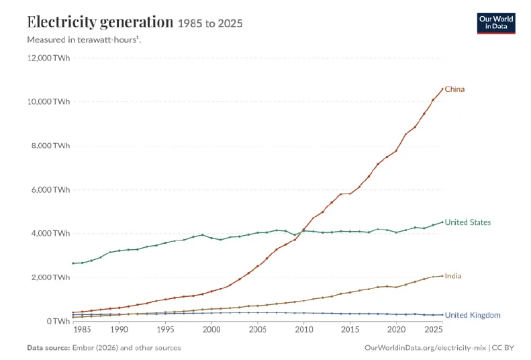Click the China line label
454,89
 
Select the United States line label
468,222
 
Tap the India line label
452,275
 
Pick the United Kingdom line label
473,315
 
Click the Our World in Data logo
496,24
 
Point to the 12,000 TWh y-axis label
48,58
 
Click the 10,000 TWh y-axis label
48,101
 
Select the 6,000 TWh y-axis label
50,189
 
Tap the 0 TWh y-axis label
58,321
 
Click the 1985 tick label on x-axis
82,330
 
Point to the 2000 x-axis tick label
211,330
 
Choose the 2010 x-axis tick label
304,330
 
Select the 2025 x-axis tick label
433,330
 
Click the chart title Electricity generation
100,21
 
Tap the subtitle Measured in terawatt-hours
84,40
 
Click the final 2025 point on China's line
442,89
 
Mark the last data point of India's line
442,275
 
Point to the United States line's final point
442,222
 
